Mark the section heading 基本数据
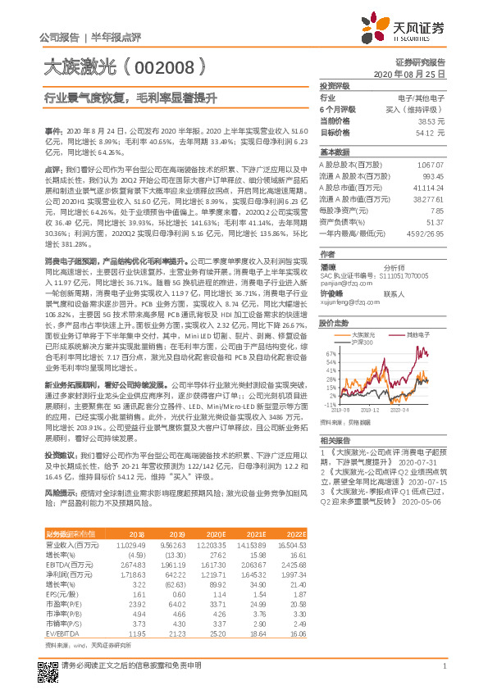334,152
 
